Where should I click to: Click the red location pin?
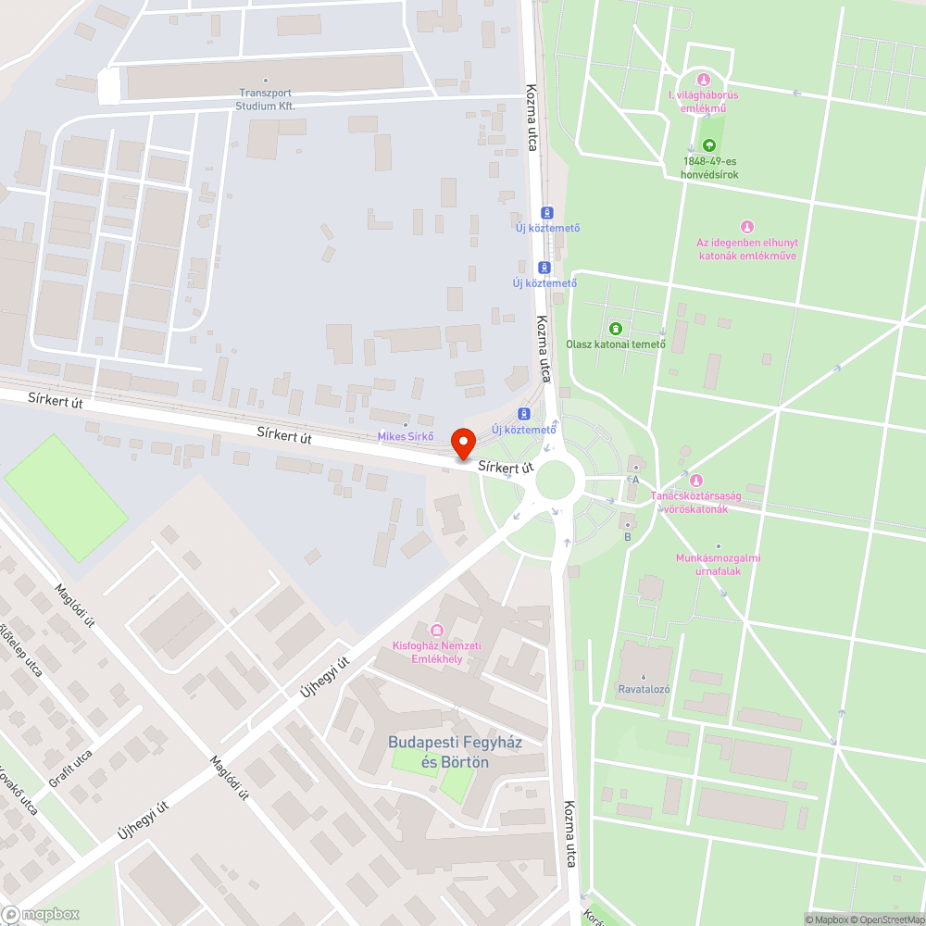[462, 444]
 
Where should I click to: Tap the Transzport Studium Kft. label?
[266, 99]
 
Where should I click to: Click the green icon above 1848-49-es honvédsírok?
[708, 145]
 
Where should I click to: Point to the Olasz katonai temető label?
[616, 344]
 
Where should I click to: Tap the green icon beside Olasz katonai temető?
[616, 328]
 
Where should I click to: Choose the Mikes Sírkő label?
[406, 436]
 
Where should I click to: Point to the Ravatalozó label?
[644, 689]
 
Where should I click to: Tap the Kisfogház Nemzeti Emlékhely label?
[437, 652]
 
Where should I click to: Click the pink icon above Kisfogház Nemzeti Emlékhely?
[437, 631]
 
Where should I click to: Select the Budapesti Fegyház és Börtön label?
[439, 752]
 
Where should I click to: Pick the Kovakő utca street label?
[19, 791]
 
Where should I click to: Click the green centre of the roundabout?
[556, 480]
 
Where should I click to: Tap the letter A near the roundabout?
[635, 480]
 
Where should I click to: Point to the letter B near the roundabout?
[628, 537]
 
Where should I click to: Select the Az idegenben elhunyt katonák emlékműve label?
[746, 248]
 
